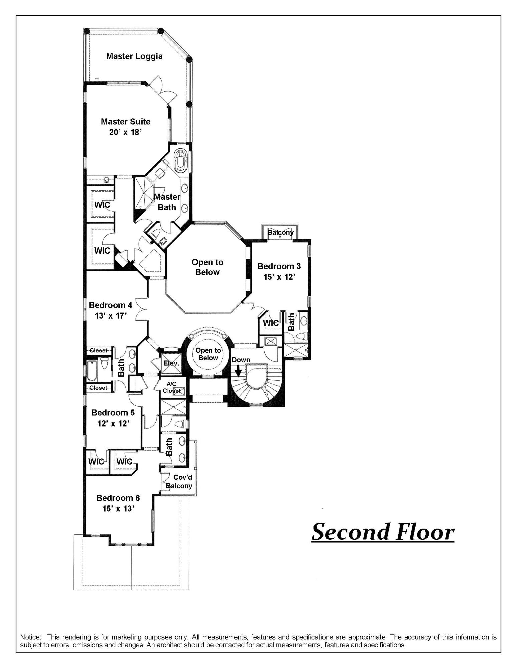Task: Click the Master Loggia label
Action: [134, 56]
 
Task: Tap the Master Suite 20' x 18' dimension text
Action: [125, 132]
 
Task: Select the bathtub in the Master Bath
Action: [181, 160]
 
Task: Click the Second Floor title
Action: [383, 532]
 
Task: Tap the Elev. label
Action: [171, 363]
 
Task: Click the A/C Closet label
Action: [171, 387]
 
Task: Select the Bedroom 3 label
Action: [279, 266]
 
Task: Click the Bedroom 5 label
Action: [113, 413]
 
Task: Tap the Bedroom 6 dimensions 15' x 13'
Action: [118, 508]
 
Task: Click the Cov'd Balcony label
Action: [179, 482]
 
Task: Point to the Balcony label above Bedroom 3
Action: [280, 232]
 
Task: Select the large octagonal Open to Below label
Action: [207, 267]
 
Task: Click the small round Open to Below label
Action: [208, 354]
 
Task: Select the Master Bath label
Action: [167, 202]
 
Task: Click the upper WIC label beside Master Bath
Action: [102, 204]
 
